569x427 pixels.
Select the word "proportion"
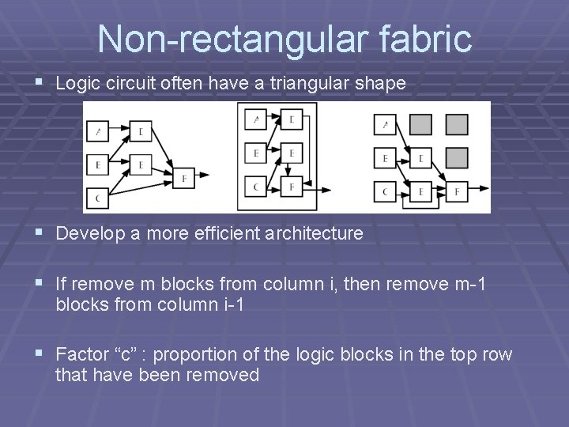coord(194,354)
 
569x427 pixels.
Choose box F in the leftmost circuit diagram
coord(183,177)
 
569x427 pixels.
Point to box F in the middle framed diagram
coord(291,187)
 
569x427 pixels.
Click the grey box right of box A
coord(420,125)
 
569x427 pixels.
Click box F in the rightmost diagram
coord(457,191)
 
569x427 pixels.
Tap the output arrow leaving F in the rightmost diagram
coord(479,191)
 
